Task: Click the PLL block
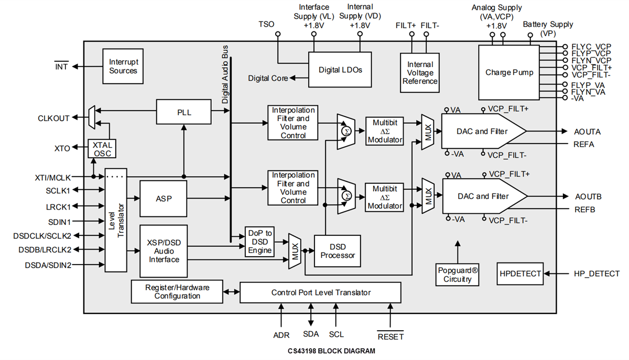[183, 111]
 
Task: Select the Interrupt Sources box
[123, 66]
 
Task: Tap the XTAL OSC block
[102, 148]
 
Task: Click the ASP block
[163, 199]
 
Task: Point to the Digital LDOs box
[340, 70]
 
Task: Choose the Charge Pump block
[508, 72]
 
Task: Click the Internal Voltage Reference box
[420, 72]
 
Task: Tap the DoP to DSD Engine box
[261, 242]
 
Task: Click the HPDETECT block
[519, 273]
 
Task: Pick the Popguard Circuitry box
[457, 275]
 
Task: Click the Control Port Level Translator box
[320, 292]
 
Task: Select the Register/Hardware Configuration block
[177, 292]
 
